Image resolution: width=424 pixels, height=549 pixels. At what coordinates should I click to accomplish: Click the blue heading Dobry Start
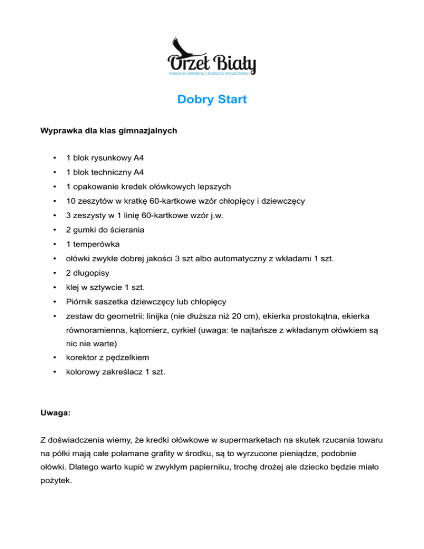pyautogui.click(x=212, y=100)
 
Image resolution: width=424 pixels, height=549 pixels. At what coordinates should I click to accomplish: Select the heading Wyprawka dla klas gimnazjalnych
pyautogui.click(x=109, y=131)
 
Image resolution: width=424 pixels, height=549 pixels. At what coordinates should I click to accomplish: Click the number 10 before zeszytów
pyautogui.click(x=71, y=200)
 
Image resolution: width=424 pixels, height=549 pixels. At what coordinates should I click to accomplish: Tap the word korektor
pyautogui.click(x=83, y=358)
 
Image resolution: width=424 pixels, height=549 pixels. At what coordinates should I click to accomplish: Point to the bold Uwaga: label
pyautogui.click(x=55, y=412)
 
